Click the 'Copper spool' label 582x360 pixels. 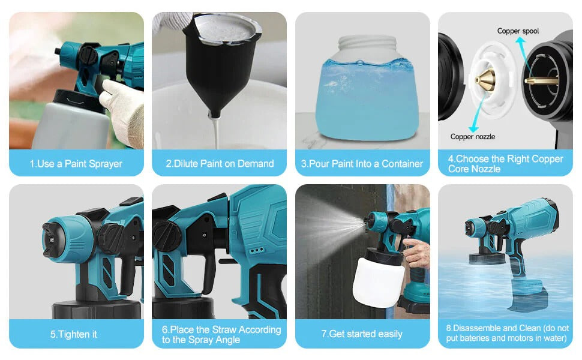click(518, 31)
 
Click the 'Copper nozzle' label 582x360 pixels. click(473, 137)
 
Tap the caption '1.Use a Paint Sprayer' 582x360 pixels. click(76, 164)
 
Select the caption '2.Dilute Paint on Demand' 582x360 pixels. click(220, 164)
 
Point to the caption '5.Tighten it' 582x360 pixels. click(73, 334)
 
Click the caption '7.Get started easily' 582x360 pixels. click(362, 334)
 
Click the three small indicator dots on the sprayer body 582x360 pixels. click(257, 251)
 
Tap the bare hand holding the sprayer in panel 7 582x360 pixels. click(416, 253)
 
